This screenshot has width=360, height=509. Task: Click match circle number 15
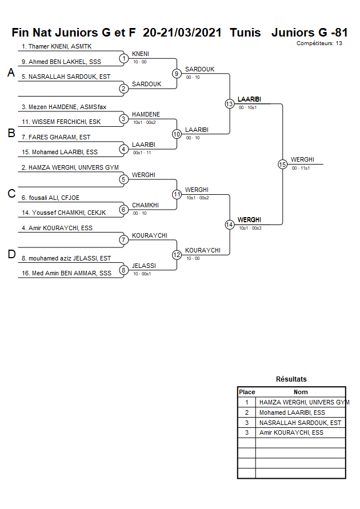point(282,165)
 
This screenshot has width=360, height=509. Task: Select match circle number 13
point(229,103)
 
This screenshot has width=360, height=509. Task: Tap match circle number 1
point(123,58)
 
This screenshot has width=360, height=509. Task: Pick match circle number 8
point(123,270)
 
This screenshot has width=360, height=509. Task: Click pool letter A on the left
point(11,73)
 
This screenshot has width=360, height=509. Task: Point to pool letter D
point(11,255)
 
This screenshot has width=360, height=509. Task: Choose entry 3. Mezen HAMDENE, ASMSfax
point(63,107)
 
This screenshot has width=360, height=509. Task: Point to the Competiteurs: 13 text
point(319,43)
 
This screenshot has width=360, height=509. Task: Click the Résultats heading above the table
point(291,379)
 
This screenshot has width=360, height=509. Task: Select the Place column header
point(247,392)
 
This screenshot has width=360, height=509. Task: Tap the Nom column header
point(301,392)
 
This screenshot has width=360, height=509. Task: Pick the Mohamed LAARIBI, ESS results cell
point(292,412)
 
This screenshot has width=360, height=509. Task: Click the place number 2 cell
point(247,412)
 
